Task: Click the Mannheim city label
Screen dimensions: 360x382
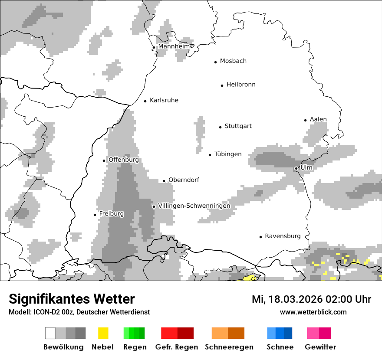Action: click(175, 46)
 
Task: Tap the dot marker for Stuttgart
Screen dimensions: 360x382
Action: click(220, 127)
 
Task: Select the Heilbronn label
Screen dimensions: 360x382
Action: click(241, 85)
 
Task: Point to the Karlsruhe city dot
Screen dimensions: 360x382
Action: click(145, 101)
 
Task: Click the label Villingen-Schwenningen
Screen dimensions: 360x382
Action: click(194, 206)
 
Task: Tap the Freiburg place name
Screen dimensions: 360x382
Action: click(111, 214)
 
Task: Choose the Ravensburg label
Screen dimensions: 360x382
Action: click(283, 236)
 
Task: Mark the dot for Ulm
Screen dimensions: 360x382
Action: click(296, 168)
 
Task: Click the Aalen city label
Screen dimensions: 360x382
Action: click(318, 119)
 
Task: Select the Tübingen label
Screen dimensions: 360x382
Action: click(228, 154)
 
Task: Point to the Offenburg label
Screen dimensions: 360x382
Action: click(124, 160)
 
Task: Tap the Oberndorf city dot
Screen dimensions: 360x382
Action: click(164, 181)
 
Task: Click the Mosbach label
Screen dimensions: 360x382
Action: click(233, 61)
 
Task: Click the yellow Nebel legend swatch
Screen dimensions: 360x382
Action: click(103, 333)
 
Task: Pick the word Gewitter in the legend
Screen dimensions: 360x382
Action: click(320, 347)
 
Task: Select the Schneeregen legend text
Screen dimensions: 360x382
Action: click(229, 347)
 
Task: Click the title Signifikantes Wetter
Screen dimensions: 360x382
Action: click(72, 299)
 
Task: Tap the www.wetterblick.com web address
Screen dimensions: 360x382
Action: click(313, 312)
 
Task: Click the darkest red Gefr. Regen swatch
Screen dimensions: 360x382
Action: click(185, 333)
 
